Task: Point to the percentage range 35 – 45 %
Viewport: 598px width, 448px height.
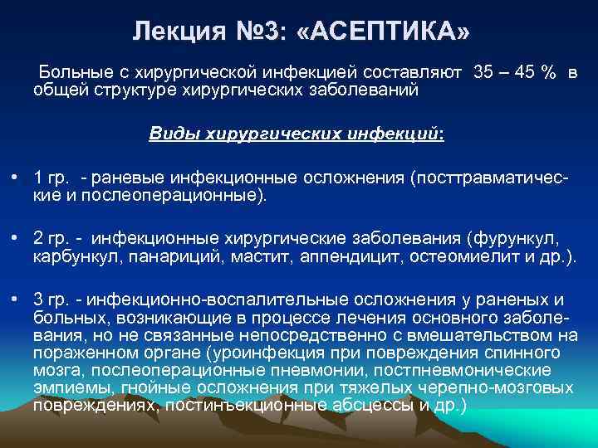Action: tap(515, 73)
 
